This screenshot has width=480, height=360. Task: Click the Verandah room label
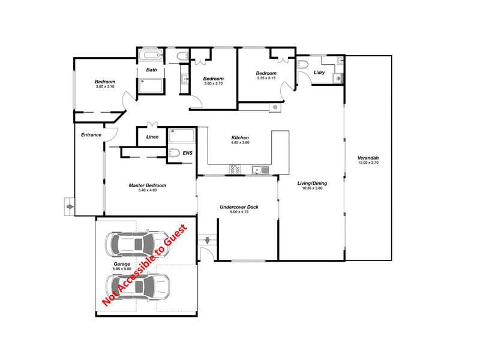point(368,158)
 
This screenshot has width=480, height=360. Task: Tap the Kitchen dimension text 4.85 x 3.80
point(240,143)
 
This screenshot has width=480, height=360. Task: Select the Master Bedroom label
point(147,185)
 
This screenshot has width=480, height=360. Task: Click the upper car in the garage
point(137,244)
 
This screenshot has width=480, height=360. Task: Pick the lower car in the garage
point(138,287)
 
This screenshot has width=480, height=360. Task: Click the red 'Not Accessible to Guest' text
point(145,265)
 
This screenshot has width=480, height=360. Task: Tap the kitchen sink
point(260,170)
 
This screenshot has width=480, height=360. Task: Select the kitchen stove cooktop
point(235,169)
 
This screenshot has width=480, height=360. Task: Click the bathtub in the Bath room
point(151,56)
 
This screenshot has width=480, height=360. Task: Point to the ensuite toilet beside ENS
point(173,153)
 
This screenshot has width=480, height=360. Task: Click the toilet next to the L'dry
point(303,65)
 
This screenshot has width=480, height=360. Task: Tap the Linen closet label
point(152,137)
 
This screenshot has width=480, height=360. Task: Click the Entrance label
point(91,134)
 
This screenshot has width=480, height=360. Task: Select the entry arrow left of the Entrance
point(70,207)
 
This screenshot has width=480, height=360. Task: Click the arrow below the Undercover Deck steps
point(207,241)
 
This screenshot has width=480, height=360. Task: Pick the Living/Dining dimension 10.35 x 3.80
point(312,188)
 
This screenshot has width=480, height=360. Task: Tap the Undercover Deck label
point(239,207)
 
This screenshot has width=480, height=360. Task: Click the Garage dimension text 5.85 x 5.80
point(122,269)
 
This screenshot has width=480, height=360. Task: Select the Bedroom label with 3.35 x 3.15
point(266,73)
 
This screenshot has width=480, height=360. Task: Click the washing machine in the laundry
point(338,79)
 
